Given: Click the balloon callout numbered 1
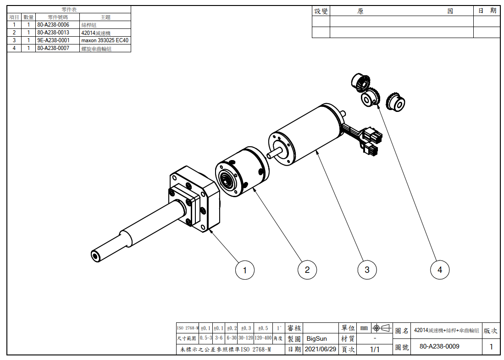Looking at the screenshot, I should click(x=245, y=270).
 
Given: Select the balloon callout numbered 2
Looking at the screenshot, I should click(x=307, y=270).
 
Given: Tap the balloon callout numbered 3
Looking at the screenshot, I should click(x=367, y=270).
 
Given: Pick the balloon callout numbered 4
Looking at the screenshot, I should click(x=440, y=270).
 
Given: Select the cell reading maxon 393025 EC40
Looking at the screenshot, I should click(x=105, y=40).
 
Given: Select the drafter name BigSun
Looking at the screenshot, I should click(x=317, y=338).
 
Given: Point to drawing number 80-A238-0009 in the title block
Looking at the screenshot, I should click(x=439, y=346).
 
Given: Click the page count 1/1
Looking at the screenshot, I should click(x=375, y=349).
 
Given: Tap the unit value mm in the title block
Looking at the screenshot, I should click(x=364, y=328).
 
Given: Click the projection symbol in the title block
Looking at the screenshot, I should click(x=382, y=328).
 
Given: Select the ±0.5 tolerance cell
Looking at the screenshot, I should click(x=263, y=328).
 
